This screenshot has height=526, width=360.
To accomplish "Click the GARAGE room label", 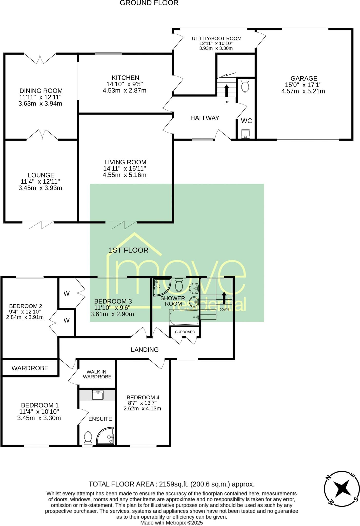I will pyautogui.click(x=304, y=78).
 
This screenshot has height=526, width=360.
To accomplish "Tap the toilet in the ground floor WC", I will pyautogui.click(x=245, y=86).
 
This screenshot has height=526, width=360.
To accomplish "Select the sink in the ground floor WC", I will pyautogui.click(x=246, y=134).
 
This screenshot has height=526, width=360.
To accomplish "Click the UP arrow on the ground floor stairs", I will pyautogui.click(x=226, y=90).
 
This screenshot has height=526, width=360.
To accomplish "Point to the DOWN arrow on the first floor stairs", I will pyautogui.click(x=224, y=298).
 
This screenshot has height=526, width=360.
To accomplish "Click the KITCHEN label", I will pyautogui.click(x=125, y=78).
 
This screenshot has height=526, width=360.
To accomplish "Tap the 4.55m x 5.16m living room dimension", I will pyautogui.click(x=124, y=175).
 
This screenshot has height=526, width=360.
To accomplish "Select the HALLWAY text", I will pyautogui.click(x=205, y=118).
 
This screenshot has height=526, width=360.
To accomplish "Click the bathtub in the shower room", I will pyautogui.click(x=184, y=317).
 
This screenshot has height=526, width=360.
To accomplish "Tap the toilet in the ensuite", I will pyautogui.click(x=88, y=438).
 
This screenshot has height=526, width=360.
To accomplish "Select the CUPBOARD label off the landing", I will pyautogui.click(x=185, y=332).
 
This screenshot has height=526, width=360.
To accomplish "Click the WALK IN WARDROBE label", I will pyautogui.click(x=97, y=374).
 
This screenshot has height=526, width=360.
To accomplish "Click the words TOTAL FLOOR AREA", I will pyautogui.click(x=121, y=484).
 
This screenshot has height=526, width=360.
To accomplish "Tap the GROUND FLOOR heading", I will pyautogui.click(x=149, y=3).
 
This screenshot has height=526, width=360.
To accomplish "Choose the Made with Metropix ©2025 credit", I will pyautogui.click(x=171, y=523).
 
